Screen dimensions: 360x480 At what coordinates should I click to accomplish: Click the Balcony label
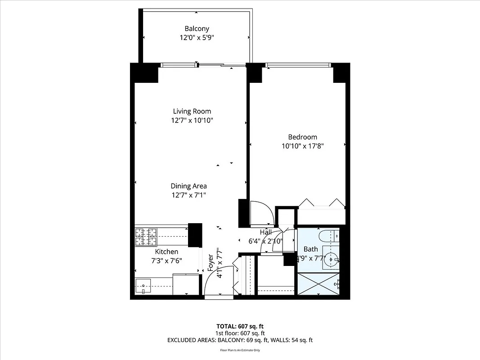click(x=197, y=29)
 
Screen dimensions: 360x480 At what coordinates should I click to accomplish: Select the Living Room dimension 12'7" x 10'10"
click(x=192, y=120)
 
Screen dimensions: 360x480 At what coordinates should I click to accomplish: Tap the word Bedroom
click(x=302, y=137)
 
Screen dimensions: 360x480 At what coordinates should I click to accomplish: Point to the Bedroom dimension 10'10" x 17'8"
click(x=303, y=146)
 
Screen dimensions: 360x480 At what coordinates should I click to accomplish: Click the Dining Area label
click(x=188, y=186)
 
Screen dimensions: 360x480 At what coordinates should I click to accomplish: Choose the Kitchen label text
click(x=166, y=252)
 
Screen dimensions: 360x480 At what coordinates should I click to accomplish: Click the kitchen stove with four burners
click(x=146, y=238)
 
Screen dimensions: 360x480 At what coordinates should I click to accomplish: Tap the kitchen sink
click(x=144, y=286)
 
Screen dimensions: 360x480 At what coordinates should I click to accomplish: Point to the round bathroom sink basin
click(x=332, y=259)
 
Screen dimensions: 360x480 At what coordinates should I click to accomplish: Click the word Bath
click(x=310, y=249)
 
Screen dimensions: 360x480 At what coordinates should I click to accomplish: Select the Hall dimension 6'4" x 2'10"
click(x=265, y=241)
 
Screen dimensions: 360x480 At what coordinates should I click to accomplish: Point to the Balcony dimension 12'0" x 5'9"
click(x=197, y=38)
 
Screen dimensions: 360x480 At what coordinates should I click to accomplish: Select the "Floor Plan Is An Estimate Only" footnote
click(x=240, y=350)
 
